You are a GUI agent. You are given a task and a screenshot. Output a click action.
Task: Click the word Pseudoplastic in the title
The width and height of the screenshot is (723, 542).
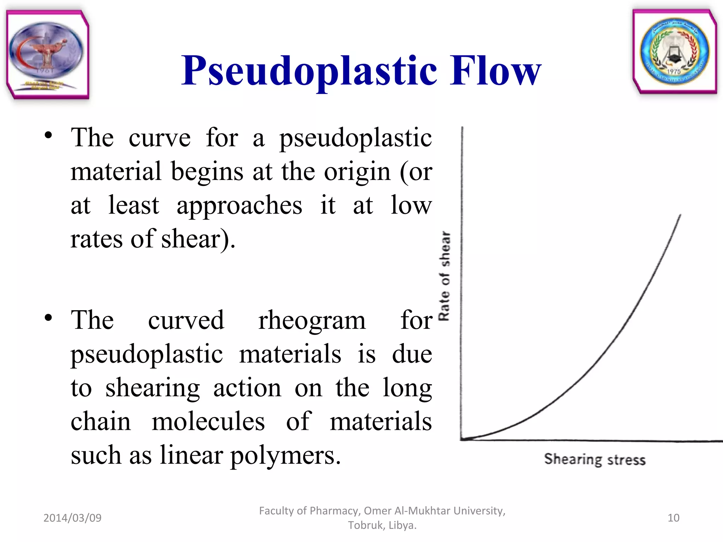309,72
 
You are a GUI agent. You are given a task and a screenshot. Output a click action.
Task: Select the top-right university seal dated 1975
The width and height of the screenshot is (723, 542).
675,52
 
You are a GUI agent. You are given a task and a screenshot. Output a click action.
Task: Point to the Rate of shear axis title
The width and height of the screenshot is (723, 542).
444,276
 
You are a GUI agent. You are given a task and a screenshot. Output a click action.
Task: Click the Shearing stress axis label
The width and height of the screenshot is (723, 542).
594,459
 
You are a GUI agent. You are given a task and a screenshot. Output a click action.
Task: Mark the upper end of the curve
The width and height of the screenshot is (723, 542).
680,215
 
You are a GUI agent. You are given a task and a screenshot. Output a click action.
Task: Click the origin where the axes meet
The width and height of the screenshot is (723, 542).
461,439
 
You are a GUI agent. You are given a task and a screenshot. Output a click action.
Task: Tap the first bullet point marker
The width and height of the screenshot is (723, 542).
48,135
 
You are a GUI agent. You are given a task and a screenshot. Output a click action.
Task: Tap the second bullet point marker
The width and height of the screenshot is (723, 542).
48,318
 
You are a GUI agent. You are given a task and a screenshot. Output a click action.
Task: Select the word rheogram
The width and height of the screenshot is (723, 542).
312,320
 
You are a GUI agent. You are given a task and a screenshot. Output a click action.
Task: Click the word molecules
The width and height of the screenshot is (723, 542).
208,421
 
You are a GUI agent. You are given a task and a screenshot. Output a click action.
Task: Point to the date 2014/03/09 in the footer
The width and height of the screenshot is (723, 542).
72,518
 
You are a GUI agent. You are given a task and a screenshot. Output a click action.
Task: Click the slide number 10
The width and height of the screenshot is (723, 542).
673,518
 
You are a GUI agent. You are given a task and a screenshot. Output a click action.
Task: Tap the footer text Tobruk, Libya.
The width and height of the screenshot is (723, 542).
382,525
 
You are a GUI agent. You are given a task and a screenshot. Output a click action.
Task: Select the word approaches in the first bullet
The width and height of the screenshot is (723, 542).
239,206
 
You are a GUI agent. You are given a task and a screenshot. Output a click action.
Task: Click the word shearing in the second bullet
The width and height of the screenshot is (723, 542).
153,388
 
